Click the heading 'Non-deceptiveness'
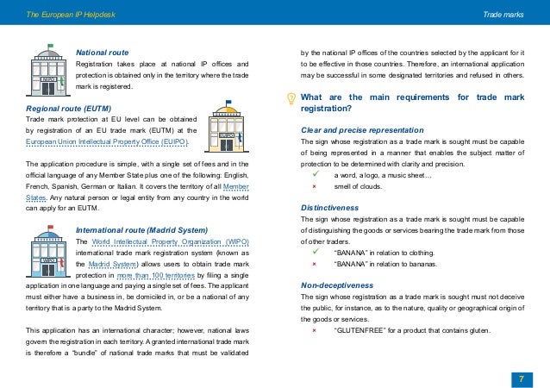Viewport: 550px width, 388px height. tap(336, 285)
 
